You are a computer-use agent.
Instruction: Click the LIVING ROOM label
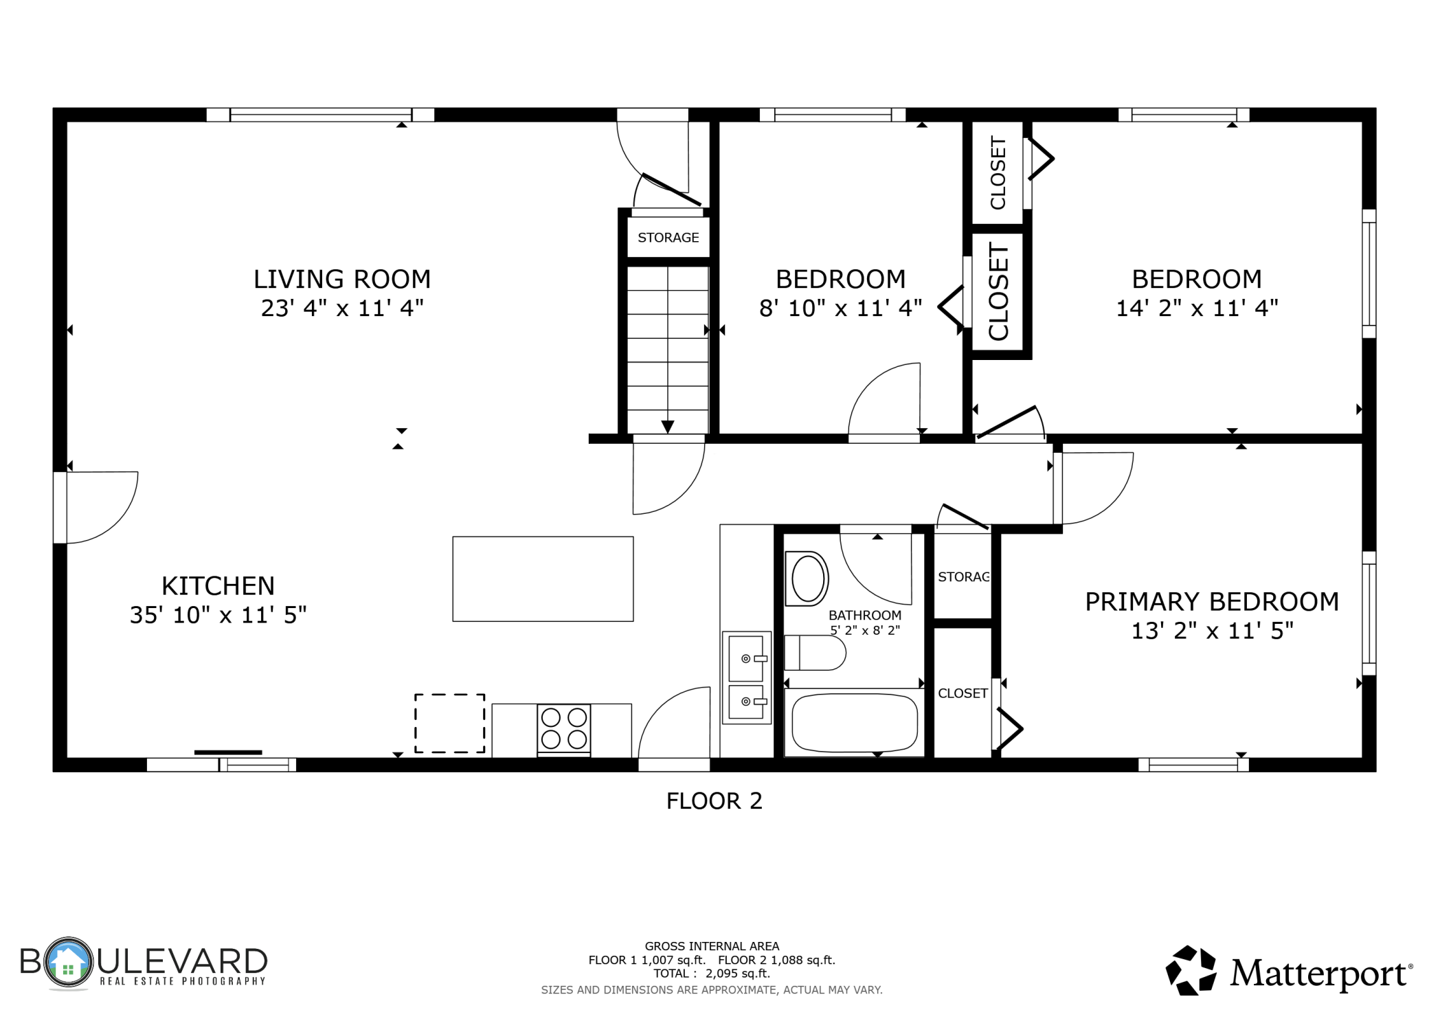point(342,279)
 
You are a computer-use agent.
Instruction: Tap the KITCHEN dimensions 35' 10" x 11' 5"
point(218,614)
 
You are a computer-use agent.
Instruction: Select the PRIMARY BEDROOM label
point(1212,601)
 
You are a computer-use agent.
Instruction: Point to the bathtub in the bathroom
point(854,723)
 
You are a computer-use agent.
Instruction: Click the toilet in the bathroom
point(815,653)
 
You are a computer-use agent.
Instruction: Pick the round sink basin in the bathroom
point(807,579)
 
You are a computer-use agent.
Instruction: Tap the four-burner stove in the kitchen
point(563,729)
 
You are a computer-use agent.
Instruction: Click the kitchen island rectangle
point(543,579)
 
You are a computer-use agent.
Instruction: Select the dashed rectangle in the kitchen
point(449,723)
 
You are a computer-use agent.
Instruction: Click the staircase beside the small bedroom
point(667,350)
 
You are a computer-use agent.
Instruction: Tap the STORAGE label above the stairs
point(668,238)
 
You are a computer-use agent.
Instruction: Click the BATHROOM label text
point(865,615)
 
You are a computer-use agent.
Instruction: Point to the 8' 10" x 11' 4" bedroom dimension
point(840,308)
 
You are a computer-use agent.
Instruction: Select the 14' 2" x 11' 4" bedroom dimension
point(1197,308)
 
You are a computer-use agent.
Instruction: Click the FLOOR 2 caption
point(714,801)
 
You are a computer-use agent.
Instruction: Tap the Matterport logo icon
point(1191,970)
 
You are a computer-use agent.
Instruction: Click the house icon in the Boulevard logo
point(67,962)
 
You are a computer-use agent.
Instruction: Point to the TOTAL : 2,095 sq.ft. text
point(712,974)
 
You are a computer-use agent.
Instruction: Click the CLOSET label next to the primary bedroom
point(963,693)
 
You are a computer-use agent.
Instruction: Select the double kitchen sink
point(746,677)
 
